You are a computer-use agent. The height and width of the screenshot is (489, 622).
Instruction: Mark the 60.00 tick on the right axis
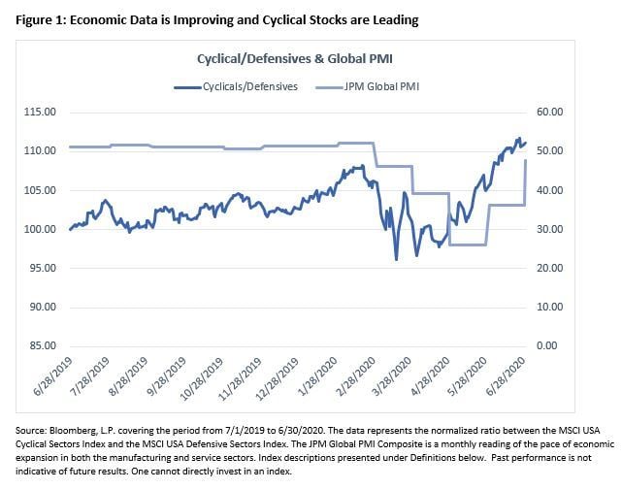550,113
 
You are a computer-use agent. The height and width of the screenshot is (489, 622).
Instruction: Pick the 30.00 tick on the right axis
550,229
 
